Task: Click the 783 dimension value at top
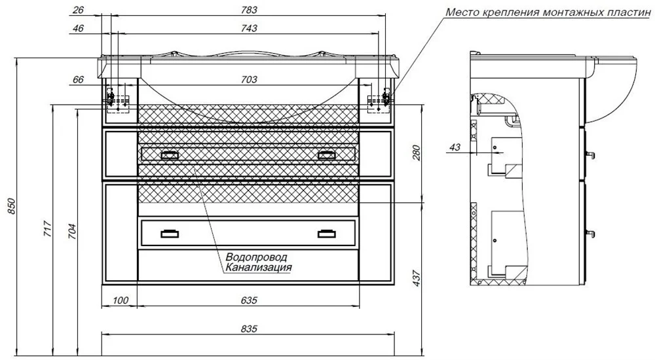click(249, 10)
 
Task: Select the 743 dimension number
click(249, 28)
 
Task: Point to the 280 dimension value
click(416, 153)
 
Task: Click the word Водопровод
click(256, 257)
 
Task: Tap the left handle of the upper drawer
click(170, 155)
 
